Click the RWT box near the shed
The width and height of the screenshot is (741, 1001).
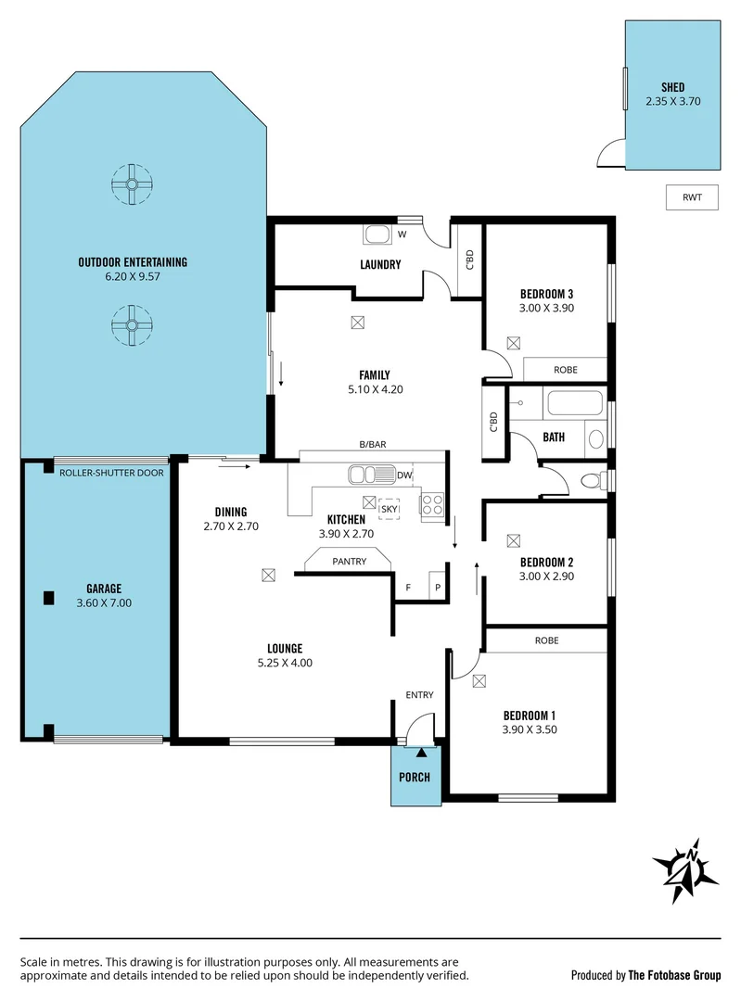tap(692, 197)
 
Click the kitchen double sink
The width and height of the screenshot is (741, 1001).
tap(371, 475)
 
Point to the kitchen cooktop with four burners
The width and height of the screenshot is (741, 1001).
tap(432, 504)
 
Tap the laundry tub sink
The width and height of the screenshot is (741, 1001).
tap(377, 234)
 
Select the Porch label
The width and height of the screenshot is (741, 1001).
tap(415, 777)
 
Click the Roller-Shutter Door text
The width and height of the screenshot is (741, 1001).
tap(111, 473)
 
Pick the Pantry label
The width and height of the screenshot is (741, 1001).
tap(350, 562)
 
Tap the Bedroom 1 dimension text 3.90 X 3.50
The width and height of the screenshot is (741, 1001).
tap(529, 729)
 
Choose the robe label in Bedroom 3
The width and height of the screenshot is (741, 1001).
tap(565, 370)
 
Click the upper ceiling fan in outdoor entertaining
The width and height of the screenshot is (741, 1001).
tap(132, 184)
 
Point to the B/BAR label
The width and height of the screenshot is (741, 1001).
tap(373, 445)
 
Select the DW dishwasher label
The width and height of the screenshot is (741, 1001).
tap(403, 475)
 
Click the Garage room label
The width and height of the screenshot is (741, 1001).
tap(104, 589)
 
